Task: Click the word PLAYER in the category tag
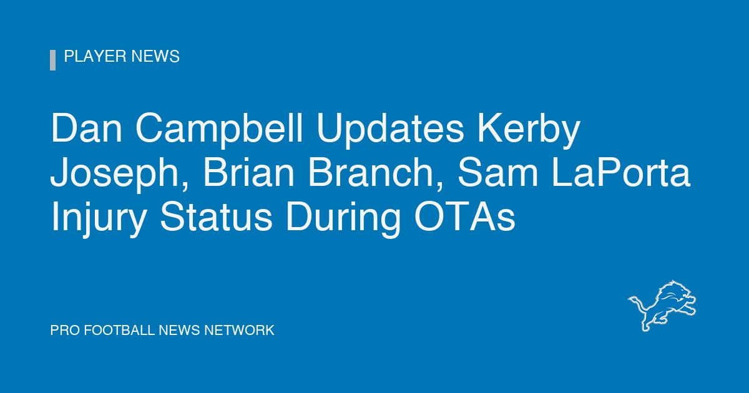pos(95,56)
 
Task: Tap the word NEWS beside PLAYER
pos(155,56)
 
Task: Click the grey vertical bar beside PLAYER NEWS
pos(53,60)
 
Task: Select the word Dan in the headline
pos(86,129)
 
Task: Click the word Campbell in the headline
pos(219,130)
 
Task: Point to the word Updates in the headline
pos(390,130)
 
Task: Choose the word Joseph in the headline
pos(119,175)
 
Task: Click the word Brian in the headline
pos(249,172)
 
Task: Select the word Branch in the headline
pos(376,173)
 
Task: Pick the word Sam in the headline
pos(498,173)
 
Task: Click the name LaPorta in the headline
pos(621,173)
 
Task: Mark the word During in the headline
pos(343,219)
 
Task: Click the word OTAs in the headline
pos(465,216)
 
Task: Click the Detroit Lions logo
pos(662,306)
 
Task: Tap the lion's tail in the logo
pos(639,305)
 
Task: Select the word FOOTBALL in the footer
pos(119,330)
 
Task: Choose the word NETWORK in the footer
pos(239,330)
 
